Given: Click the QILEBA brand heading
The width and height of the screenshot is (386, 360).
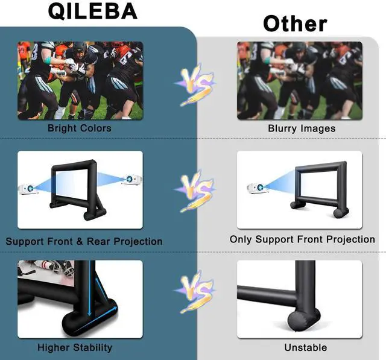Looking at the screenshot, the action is [92, 11].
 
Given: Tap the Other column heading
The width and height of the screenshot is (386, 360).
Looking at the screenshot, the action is [295, 24].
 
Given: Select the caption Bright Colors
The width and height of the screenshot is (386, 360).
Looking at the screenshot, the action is [79, 128].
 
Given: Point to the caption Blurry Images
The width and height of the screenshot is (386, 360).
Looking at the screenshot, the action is [302, 128].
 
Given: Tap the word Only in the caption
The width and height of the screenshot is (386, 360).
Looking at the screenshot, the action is [241, 239].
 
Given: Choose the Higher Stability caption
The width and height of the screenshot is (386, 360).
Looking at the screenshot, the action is [75, 347].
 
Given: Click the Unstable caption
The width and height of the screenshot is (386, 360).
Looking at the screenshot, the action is [306, 347].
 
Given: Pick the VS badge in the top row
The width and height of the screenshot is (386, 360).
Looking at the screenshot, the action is [195, 84].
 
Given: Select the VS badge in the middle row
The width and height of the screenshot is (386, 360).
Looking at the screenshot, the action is [195, 191].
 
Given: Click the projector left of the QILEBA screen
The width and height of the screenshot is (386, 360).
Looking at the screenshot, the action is [28, 189].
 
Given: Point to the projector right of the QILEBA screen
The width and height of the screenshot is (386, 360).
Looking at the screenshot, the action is [131, 180].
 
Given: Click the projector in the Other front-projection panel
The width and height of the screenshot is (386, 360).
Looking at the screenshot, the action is [258, 188].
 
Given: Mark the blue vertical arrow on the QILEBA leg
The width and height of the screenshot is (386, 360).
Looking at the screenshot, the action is [90, 288].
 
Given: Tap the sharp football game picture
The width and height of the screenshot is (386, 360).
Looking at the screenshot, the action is [80, 81].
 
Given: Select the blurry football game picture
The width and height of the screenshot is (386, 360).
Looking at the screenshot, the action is [300, 81].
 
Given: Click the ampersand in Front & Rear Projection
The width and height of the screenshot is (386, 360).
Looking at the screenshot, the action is [80, 241].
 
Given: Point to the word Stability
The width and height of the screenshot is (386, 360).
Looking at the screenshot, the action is [93, 347].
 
